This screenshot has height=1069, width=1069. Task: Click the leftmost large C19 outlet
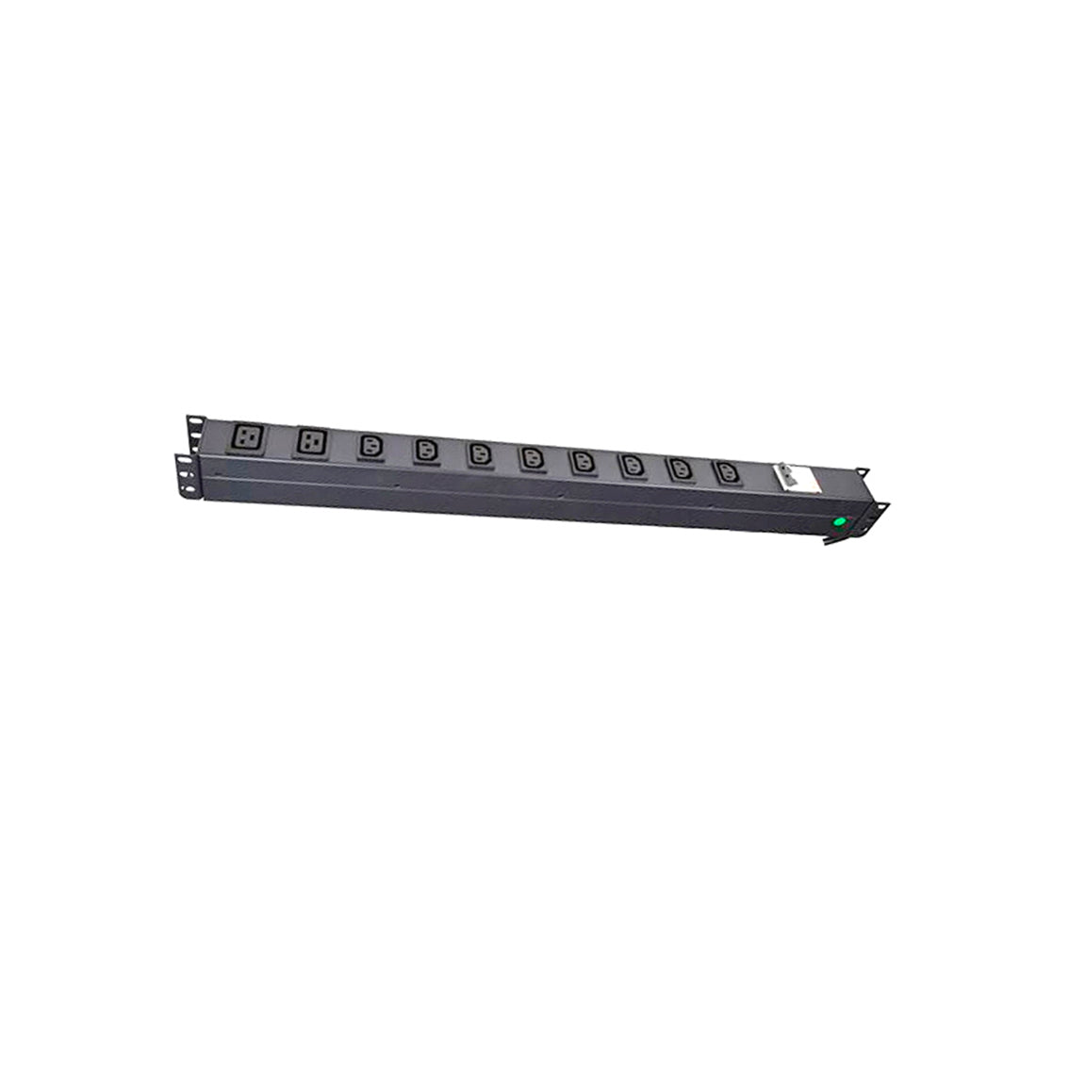pos(248,437)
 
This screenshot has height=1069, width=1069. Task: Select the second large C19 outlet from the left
pos(312,442)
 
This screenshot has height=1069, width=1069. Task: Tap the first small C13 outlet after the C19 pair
pos(369,447)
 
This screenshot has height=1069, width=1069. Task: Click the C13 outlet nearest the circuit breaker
pos(725,472)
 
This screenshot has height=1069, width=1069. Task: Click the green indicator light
pos(838,521)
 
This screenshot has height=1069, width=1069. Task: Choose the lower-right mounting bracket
pos(880,510)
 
